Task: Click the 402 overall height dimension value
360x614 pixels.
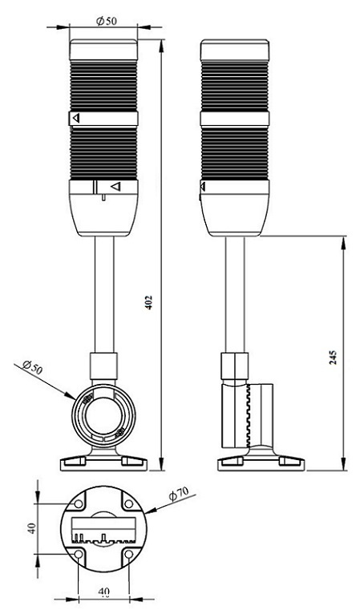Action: tap(149, 303)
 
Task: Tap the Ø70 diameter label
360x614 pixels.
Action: tap(179, 495)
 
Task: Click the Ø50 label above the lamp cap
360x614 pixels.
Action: tap(107, 21)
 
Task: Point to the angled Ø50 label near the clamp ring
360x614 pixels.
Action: tap(33, 369)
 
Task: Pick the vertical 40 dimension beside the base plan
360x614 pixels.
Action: tap(33, 528)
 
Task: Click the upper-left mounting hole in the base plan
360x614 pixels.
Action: tap(79, 503)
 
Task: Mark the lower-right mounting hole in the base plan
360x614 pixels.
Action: tap(129, 554)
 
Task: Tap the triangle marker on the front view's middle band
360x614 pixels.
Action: tap(76, 118)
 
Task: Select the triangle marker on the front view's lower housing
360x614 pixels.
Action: tap(116, 187)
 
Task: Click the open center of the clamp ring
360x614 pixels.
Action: tap(103, 416)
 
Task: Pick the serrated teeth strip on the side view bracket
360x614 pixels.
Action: tap(248, 416)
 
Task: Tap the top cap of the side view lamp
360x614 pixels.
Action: tap(235, 50)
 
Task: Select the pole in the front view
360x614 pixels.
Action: tap(104, 294)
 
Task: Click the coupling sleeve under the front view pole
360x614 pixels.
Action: tap(103, 366)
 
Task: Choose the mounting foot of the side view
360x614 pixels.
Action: tap(261, 459)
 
